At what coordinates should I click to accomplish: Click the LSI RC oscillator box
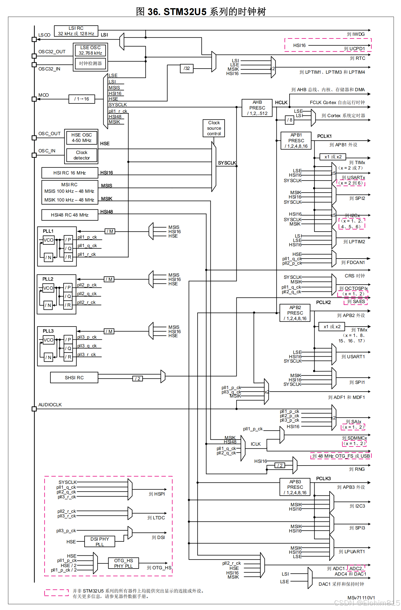pyautogui.click(x=76, y=31)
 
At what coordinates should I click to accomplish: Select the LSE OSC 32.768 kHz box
pyautogui.click(x=90, y=51)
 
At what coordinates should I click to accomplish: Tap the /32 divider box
pyautogui.click(x=187, y=68)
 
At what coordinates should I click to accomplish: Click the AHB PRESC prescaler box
pyautogui.click(x=257, y=108)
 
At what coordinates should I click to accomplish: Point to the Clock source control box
pyautogui.click(x=214, y=128)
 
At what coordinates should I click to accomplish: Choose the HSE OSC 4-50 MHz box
pyautogui.click(x=82, y=138)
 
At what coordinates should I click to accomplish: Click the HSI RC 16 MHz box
pyautogui.click(x=70, y=173)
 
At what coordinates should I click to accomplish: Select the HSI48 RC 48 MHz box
pyautogui.click(x=70, y=215)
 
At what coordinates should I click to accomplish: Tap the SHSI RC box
pyautogui.click(x=74, y=378)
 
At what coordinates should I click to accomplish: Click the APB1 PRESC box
pyautogui.click(x=296, y=141)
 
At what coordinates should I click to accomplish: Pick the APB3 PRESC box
pyautogui.click(x=295, y=487)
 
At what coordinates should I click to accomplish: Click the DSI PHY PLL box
pyautogui.click(x=100, y=541)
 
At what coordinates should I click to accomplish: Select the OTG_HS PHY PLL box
pyautogui.click(x=123, y=563)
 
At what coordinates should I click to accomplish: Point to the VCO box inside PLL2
pyautogui.click(x=49, y=288)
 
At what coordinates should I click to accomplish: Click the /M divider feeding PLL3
pyautogui.click(x=109, y=331)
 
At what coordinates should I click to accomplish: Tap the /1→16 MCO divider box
pyautogui.click(x=82, y=99)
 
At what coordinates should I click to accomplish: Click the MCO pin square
pyautogui.click(x=34, y=99)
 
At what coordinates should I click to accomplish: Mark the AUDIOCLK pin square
pyautogui.click(x=34, y=409)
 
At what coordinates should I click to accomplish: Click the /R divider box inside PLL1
pyautogui.click(x=68, y=257)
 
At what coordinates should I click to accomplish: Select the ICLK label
pyautogui.click(x=256, y=444)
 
